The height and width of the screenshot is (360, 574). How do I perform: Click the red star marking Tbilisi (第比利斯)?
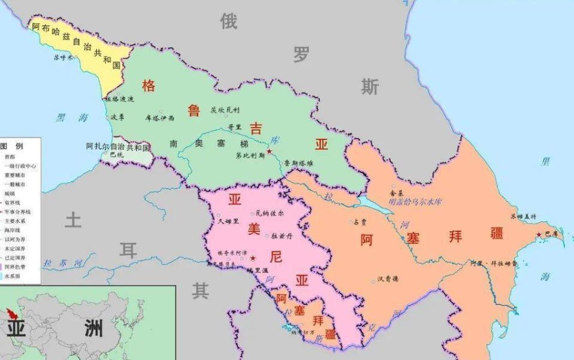[270, 152]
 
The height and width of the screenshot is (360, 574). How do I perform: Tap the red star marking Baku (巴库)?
[539, 234]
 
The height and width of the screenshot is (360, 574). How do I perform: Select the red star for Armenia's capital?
[253, 258]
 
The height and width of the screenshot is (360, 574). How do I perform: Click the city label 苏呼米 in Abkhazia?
[63, 58]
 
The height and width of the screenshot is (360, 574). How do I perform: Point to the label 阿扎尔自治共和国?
[118, 146]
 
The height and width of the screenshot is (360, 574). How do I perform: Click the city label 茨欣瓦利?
[225, 110]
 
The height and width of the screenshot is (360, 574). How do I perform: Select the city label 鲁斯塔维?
[298, 162]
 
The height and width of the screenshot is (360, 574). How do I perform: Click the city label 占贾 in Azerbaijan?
[360, 222]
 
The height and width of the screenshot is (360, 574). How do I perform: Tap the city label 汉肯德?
[388, 279]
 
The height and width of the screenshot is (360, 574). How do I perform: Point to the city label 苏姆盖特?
[523, 216]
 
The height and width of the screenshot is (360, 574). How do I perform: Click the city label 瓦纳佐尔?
[270, 213]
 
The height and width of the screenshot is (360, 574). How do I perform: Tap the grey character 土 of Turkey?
[72, 220]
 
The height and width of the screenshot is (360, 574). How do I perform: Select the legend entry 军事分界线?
[20, 211]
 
